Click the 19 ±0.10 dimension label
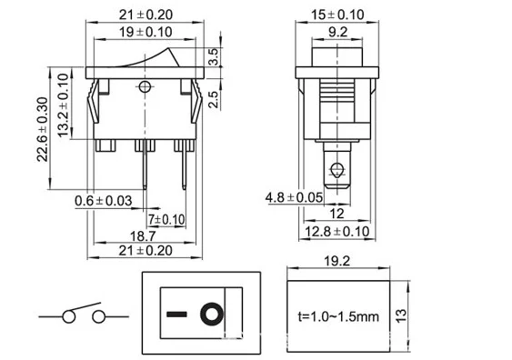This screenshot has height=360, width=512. click(x=146, y=32)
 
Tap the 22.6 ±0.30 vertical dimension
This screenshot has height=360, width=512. click(x=43, y=129)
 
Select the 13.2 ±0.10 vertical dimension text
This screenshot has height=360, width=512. click(x=64, y=105)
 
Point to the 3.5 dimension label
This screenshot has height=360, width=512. click(x=213, y=56)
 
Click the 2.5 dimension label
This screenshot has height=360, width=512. click(x=213, y=99)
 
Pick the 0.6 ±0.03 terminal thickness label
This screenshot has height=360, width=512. click(x=103, y=201)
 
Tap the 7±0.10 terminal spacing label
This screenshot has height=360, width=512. click(x=166, y=219)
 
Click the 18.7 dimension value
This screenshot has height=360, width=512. click(x=143, y=236)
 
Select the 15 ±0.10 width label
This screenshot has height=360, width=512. click(x=337, y=15)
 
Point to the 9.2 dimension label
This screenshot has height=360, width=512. click(x=338, y=32)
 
